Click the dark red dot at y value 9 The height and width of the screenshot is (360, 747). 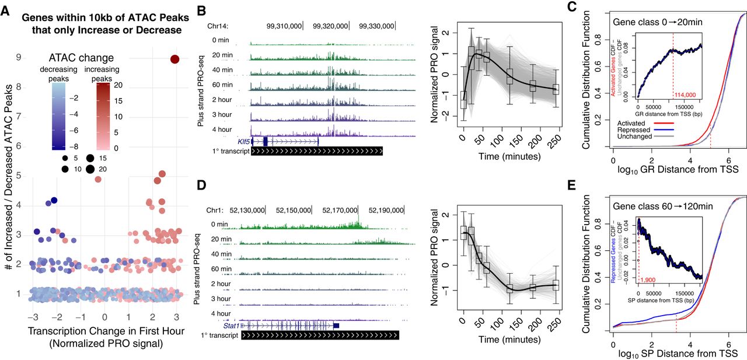[174, 58]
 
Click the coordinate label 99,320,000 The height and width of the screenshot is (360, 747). [330, 26]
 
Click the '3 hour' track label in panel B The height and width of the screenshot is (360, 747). [222, 116]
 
